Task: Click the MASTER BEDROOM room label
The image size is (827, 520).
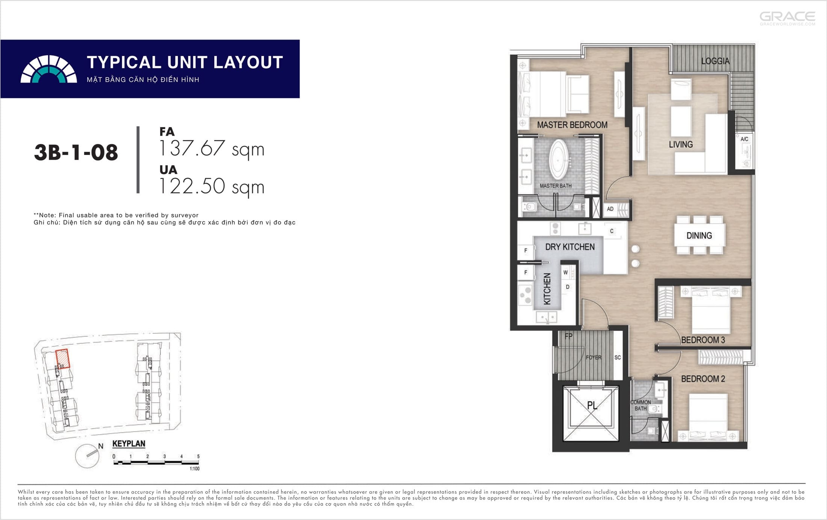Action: pos(572,125)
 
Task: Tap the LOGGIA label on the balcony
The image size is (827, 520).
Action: pos(715,61)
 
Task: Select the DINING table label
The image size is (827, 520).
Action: pos(699,236)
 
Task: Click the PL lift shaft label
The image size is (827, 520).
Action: pos(592,405)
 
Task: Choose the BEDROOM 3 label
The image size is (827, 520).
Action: pos(703,340)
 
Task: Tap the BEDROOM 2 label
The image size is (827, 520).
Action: pos(703,379)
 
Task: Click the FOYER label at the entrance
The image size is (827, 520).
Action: pos(594,358)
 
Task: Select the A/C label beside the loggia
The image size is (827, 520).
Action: pos(744,139)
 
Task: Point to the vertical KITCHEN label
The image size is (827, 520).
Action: pos(547,289)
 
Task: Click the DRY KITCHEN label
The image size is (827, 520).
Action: pos(570,247)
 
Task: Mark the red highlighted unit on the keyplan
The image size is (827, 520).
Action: pos(63,359)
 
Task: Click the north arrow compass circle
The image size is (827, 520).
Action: pos(87,456)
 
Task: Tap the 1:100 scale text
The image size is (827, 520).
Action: pos(194,468)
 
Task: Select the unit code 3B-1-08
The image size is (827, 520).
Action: pos(76,153)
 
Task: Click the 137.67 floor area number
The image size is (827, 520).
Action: pos(192,148)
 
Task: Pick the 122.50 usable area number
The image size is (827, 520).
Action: pos(192,186)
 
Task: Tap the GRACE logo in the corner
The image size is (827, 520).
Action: pos(788,18)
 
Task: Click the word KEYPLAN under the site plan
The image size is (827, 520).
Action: pos(129,444)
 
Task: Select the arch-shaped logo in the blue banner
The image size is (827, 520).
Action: pos(48,69)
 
